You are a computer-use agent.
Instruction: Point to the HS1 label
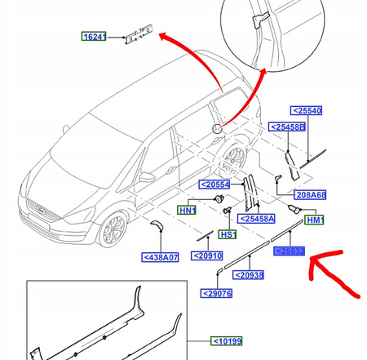point(228,234)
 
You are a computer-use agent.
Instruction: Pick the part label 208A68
point(310,196)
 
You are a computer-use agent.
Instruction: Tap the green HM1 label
point(314,220)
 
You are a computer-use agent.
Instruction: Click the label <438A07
point(160,257)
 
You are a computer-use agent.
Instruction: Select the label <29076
point(219,293)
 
